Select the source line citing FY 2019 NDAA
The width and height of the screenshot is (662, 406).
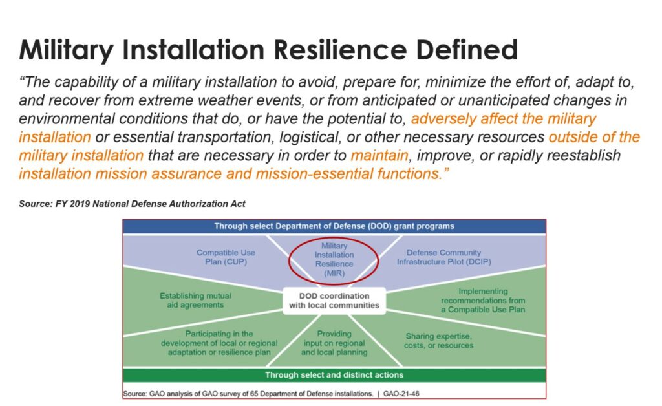(132, 204)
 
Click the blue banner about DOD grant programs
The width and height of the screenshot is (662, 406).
(334, 226)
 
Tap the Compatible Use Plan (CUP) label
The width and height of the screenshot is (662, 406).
(226, 257)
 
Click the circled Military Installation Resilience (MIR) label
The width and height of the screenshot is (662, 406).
(334, 259)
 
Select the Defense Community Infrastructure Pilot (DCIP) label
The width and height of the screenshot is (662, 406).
(443, 257)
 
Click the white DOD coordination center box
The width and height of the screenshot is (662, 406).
(334, 301)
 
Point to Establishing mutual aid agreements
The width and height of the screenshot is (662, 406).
(195, 301)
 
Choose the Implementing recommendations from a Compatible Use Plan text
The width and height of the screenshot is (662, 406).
(483, 301)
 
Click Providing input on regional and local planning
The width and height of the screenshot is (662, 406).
(334, 343)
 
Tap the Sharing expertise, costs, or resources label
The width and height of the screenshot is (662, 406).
(439, 341)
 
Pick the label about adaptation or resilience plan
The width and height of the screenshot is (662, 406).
(219, 343)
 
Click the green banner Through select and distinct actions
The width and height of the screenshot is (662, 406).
(334, 375)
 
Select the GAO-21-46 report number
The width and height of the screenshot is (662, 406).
(401, 394)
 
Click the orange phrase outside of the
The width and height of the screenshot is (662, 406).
(595, 137)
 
